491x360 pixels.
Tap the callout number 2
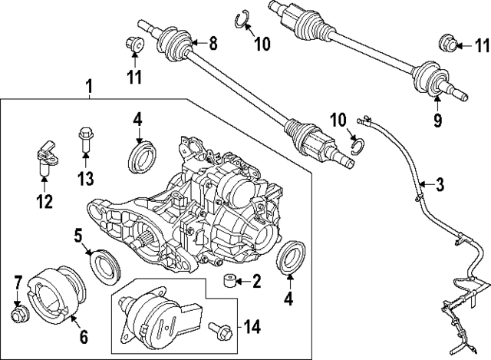point(256,282)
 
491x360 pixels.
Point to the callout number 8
point(213,44)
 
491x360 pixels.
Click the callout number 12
point(45,203)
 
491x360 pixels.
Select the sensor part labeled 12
point(44,157)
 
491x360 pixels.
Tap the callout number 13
point(85,180)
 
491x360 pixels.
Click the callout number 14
point(252,326)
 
